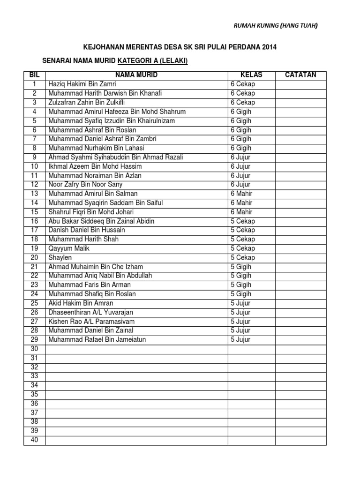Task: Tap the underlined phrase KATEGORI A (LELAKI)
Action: point(152,61)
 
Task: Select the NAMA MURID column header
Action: point(136,75)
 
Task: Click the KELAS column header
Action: point(251,75)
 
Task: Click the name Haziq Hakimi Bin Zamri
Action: point(82,84)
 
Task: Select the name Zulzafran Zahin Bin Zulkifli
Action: point(87,102)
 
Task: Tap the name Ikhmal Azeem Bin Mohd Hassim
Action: point(95,166)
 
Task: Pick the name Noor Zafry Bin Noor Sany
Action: point(86,185)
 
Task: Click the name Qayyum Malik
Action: point(68,248)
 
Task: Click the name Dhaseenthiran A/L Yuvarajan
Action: point(94,312)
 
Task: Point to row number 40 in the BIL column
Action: point(34,440)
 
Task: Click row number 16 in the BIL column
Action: point(34,221)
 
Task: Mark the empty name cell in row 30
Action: point(136,349)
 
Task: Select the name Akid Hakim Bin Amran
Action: point(81,303)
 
